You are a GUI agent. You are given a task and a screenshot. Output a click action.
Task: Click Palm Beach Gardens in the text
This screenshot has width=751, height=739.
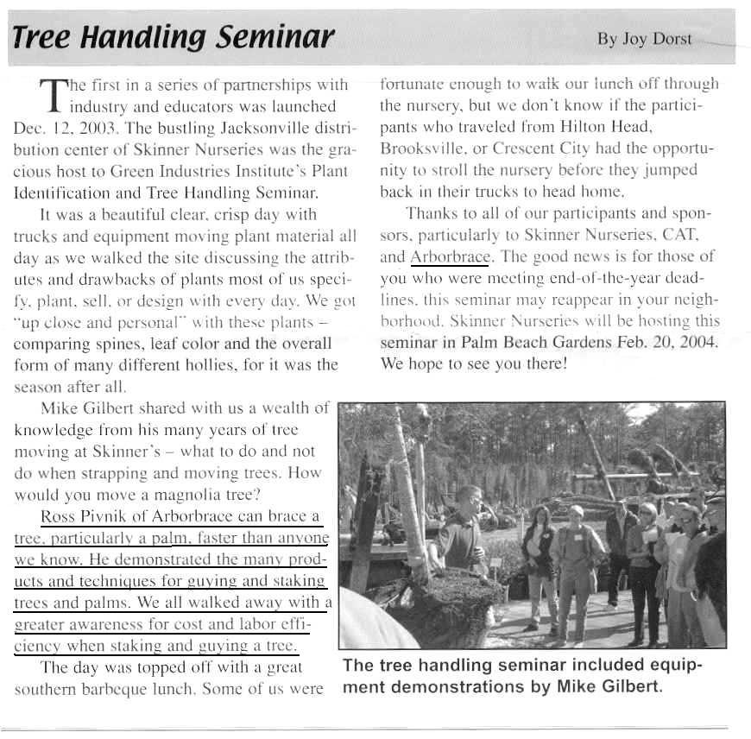point(524,342)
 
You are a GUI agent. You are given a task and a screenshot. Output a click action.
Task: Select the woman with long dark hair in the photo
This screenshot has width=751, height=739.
point(539,557)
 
